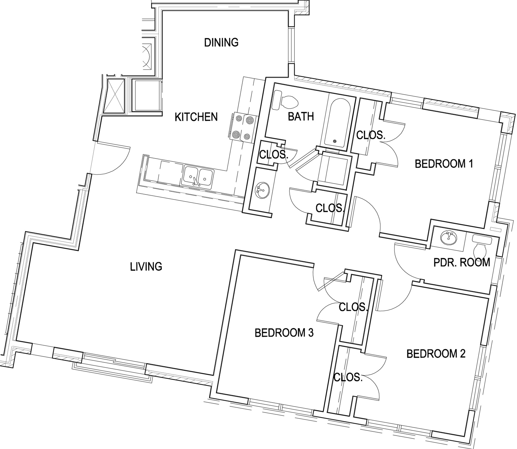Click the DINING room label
click(x=221, y=43)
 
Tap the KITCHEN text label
click(x=196, y=117)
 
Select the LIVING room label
click(x=146, y=267)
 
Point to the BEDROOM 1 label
click(x=444, y=164)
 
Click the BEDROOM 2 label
click(x=436, y=354)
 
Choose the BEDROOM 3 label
click(x=284, y=333)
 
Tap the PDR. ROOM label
click(x=462, y=263)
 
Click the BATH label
click(x=301, y=117)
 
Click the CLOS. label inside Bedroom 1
click(x=370, y=135)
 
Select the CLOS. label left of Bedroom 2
click(x=348, y=377)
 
